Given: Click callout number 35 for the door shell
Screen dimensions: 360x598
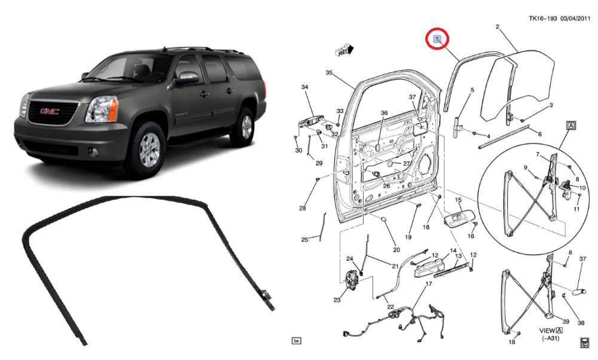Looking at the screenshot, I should coord(328,73).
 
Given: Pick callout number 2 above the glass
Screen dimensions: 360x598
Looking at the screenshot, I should coord(498,26).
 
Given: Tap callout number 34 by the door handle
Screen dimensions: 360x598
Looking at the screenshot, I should coord(304,88).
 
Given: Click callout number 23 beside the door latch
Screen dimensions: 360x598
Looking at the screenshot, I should coord(337,300).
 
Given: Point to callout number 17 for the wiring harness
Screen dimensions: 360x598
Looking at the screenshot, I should coord(428,284).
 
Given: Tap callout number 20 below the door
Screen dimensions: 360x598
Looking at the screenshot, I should coord(395,250).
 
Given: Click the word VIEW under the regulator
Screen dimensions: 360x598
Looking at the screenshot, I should coord(548,330).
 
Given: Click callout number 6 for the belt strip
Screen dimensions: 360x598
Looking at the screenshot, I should coord(539,134).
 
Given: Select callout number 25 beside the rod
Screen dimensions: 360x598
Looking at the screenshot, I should coord(304,240).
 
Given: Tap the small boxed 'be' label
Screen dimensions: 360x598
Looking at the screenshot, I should coord(295,341).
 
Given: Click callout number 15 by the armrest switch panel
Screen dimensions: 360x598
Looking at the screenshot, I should coord(459,200).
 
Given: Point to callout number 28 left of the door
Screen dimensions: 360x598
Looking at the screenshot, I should coord(303,208).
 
